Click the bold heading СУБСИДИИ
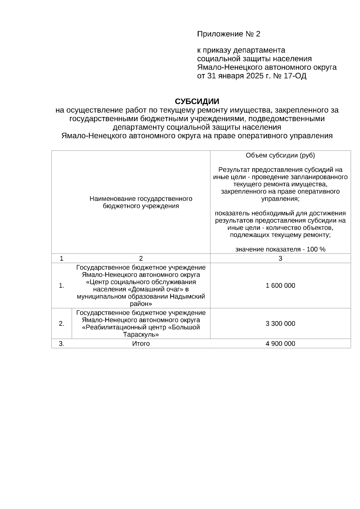[x=197, y=101]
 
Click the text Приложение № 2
[x=228, y=34]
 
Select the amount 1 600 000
[x=280, y=286]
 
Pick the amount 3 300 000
[x=280, y=324]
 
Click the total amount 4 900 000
[x=280, y=344]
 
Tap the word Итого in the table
[x=141, y=344]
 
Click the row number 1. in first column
[x=61, y=286]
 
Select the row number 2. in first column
[x=61, y=324]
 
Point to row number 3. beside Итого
[x=61, y=344]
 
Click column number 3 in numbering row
[x=280, y=259]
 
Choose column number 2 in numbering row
[x=141, y=259]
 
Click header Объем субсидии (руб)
[x=280, y=155]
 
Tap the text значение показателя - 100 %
[x=280, y=249]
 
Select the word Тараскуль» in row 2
[x=141, y=334]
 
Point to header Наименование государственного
[x=141, y=199]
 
